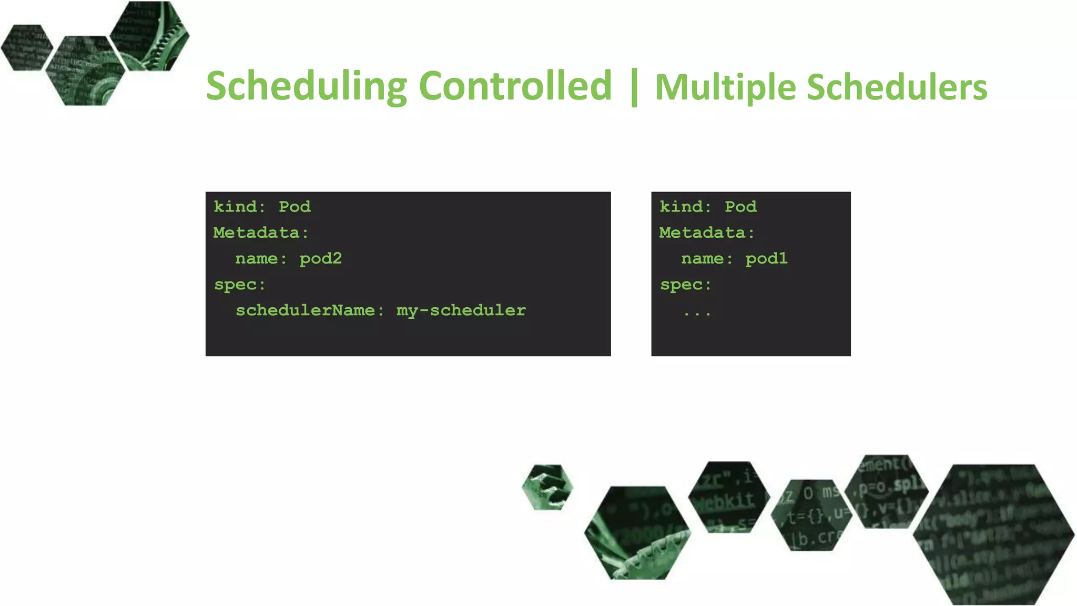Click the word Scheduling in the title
(x=306, y=87)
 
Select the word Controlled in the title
(x=515, y=86)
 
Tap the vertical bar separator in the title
(x=634, y=87)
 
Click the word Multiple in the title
(x=725, y=87)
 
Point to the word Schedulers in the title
(x=897, y=87)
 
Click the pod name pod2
(x=320, y=259)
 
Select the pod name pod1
(x=766, y=259)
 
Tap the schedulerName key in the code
(x=305, y=310)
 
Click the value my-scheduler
(x=461, y=311)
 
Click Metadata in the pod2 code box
(x=256, y=233)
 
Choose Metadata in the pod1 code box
(x=702, y=233)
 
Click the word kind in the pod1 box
(x=681, y=207)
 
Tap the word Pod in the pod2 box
(x=294, y=207)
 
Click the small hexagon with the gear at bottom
(x=547, y=487)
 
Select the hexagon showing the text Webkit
(x=728, y=497)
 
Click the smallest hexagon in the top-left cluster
(x=27, y=47)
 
